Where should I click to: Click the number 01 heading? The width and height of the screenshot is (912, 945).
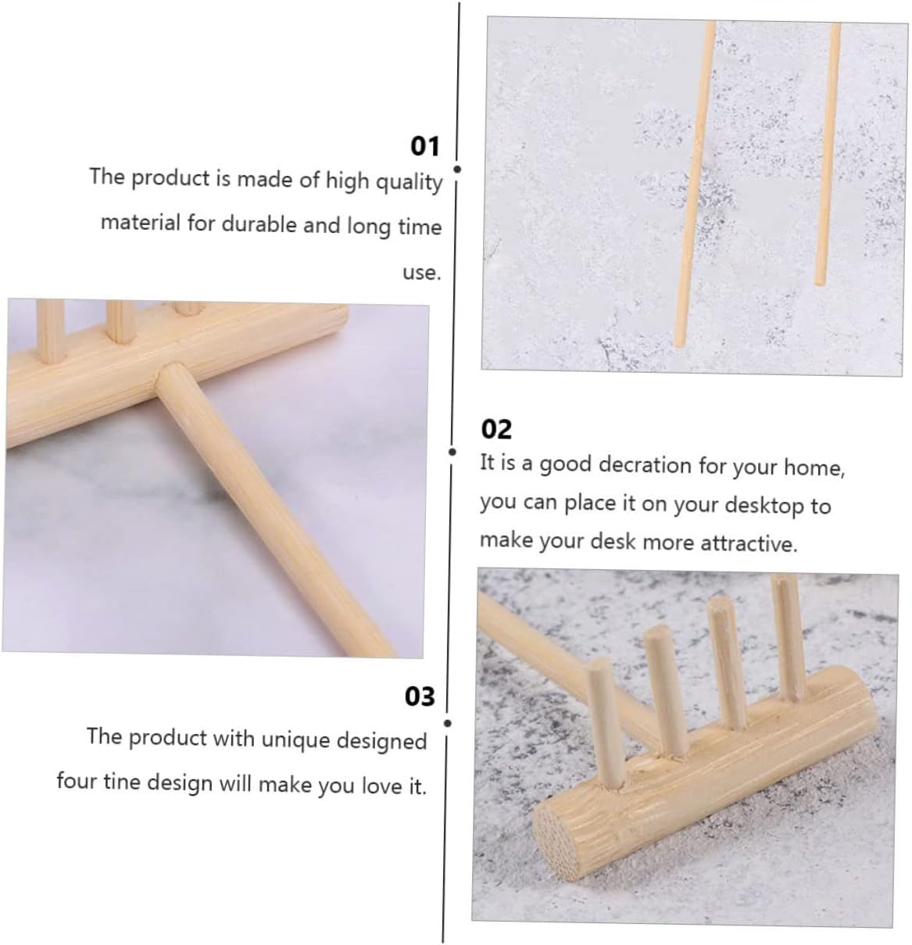coord(425,145)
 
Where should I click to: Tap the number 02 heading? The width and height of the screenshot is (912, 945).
coord(495,429)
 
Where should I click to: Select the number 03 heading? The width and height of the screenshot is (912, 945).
coord(420,696)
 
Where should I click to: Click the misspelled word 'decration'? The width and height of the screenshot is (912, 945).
coord(645,465)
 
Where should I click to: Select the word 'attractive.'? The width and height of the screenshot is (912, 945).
coord(749,543)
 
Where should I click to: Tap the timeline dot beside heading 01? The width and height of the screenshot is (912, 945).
coord(457,169)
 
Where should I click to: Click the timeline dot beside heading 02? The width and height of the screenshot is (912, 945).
coord(452,452)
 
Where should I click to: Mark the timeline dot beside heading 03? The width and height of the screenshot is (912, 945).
coord(448,723)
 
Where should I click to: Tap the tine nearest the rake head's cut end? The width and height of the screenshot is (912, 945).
coord(605,723)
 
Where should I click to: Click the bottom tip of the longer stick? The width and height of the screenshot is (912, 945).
coord(679,344)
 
